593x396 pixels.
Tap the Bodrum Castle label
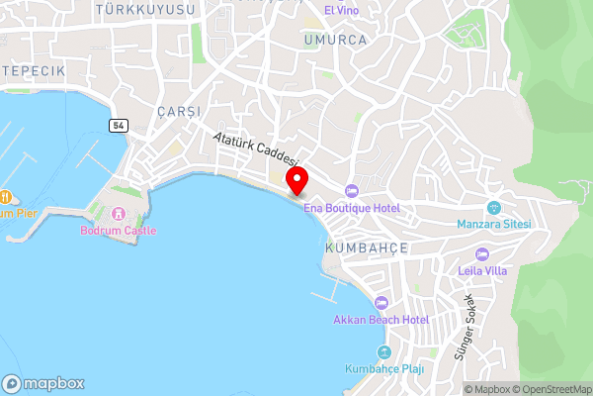(118, 231)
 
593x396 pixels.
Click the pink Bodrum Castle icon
(118, 213)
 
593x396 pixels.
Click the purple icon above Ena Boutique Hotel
(351, 190)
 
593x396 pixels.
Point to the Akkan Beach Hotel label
(381, 320)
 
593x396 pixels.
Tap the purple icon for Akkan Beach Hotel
(381, 302)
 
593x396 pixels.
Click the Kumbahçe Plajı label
(384, 369)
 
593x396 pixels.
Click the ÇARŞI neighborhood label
(178, 111)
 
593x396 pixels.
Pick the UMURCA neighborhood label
(335, 40)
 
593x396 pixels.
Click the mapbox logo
(43, 383)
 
